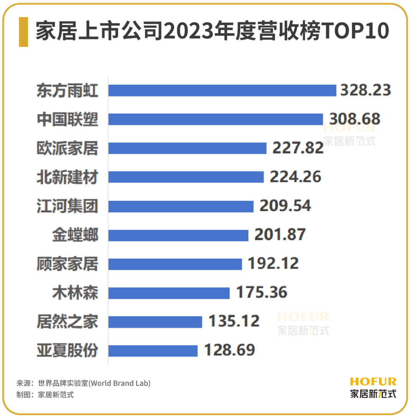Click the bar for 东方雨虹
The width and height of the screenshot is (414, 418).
pyautogui.click(x=222, y=90)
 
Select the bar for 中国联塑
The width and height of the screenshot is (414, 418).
pyautogui.click(x=215, y=119)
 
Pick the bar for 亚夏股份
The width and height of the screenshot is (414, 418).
pyautogui.click(x=153, y=351)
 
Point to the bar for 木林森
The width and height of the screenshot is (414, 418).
pyautogui.click(x=169, y=293)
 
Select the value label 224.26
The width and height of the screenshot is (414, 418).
pyautogui.click(x=295, y=177)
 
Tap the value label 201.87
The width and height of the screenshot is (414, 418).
pyautogui.click(x=280, y=234)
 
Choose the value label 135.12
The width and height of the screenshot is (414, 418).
pyautogui.click(x=234, y=321)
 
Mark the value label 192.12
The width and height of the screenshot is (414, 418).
pyautogui.click(x=273, y=264)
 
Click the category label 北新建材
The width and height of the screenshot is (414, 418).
pyautogui.click(x=67, y=177)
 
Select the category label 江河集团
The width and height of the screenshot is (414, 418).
pyautogui.click(x=67, y=206)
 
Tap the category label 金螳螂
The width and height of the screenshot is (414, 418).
pyautogui.click(x=75, y=234)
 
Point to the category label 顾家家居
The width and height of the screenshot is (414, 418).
pyautogui.click(x=67, y=264)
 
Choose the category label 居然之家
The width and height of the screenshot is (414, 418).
pyautogui.click(x=67, y=321)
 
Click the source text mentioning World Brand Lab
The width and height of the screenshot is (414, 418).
pyautogui.click(x=83, y=383)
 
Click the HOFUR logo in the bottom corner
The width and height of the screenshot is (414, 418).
pyautogui.click(x=373, y=387)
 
